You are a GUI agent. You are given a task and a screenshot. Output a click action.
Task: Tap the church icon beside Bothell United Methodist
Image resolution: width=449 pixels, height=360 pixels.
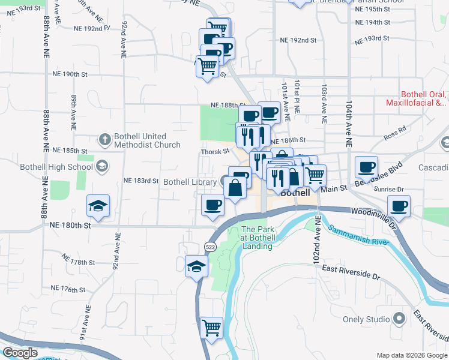pyautogui.click(x=104, y=140)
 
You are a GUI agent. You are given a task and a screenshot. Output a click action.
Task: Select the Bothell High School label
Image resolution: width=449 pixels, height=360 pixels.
pyautogui.click(x=54, y=166)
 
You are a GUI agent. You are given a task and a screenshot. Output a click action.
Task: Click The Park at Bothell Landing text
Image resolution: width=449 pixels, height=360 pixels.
pyautogui.click(x=257, y=238)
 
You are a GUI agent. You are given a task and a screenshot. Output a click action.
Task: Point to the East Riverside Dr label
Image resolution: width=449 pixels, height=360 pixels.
pyautogui.click(x=351, y=273)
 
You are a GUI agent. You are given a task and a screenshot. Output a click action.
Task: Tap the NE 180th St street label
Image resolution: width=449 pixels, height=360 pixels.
pyautogui.click(x=71, y=226)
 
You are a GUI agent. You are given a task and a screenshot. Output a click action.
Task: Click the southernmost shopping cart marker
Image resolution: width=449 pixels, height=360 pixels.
pyautogui.click(x=211, y=328)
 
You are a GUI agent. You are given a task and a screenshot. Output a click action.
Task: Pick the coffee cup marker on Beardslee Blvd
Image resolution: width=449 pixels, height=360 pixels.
pyautogui.click(x=366, y=167)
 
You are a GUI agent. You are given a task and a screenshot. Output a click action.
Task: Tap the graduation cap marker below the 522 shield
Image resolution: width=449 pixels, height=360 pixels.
pyautogui.click(x=196, y=266)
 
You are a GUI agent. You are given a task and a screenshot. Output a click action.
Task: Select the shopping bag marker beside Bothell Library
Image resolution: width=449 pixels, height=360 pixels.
pyautogui.click(x=236, y=188)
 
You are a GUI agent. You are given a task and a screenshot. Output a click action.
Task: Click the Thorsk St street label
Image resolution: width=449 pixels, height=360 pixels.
pyautogui.click(x=215, y=152)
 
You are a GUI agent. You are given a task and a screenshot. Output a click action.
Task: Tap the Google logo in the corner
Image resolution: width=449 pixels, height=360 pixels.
pyautogui.click(x=20, y=353)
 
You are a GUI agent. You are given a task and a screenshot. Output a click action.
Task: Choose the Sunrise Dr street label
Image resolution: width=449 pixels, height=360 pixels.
pyautogui.click(x=424, y=188)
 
